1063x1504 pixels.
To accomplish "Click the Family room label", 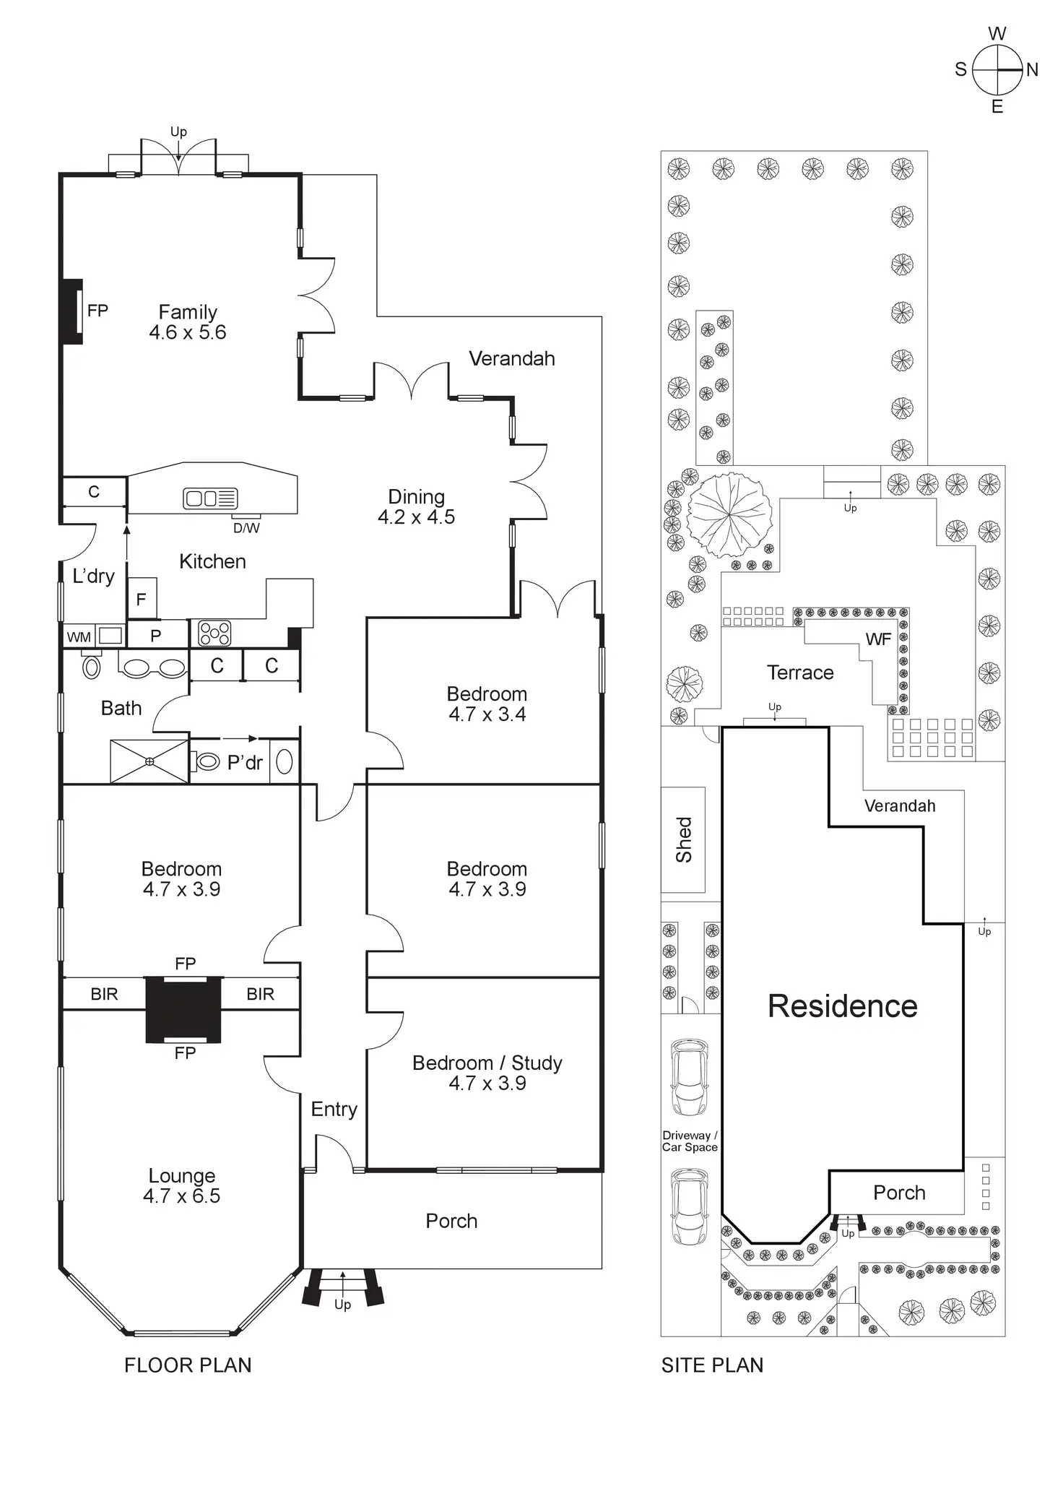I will [x=188, y=312].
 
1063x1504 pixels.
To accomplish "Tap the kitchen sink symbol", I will [x=211, y=498].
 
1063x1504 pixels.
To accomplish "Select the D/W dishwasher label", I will [x=246, y=528].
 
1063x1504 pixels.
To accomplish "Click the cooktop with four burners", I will [x=214, y=633].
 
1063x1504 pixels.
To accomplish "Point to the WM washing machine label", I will [x=79, y=637].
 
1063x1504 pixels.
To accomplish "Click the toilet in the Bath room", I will [x=92, y=666].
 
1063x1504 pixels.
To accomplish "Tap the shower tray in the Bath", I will [x=149, y=761].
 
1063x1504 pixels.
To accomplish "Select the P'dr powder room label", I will [x=245, y=763].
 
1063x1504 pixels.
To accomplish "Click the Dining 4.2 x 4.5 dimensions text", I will [x=417, y=517].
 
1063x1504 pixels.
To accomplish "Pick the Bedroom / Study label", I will [x=487, y=1063].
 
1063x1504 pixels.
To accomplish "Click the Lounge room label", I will [x=182, y=1175].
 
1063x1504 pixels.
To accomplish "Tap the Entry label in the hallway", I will [x=334, y=1109].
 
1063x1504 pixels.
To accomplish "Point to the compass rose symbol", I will [x=997, y=70].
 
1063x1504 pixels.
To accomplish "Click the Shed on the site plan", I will [x=683, y=839].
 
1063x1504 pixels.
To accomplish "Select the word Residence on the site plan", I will [x=842, y=1006].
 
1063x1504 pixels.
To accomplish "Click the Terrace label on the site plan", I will [x=800, y=673].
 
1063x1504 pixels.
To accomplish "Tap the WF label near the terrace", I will [x=878, y=639].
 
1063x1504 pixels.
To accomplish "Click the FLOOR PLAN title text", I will [x=188, y=1365].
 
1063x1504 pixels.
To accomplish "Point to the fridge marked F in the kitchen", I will [x=142, y=599].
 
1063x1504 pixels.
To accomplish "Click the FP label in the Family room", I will [x=97, y=311].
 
